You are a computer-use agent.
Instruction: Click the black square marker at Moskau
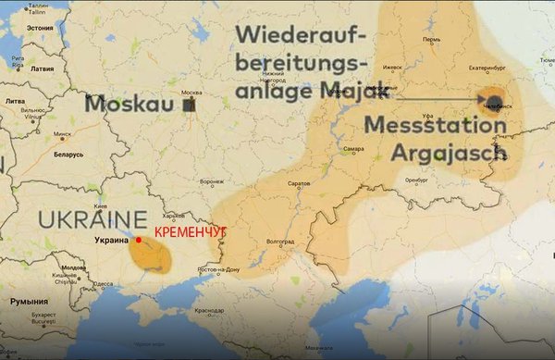[189, 106]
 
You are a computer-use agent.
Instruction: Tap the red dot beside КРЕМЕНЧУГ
[139, 240]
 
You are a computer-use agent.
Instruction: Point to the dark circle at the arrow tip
[494, 100]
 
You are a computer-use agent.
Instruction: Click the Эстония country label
[40, 28]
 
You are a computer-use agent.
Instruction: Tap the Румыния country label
[28, 302]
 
